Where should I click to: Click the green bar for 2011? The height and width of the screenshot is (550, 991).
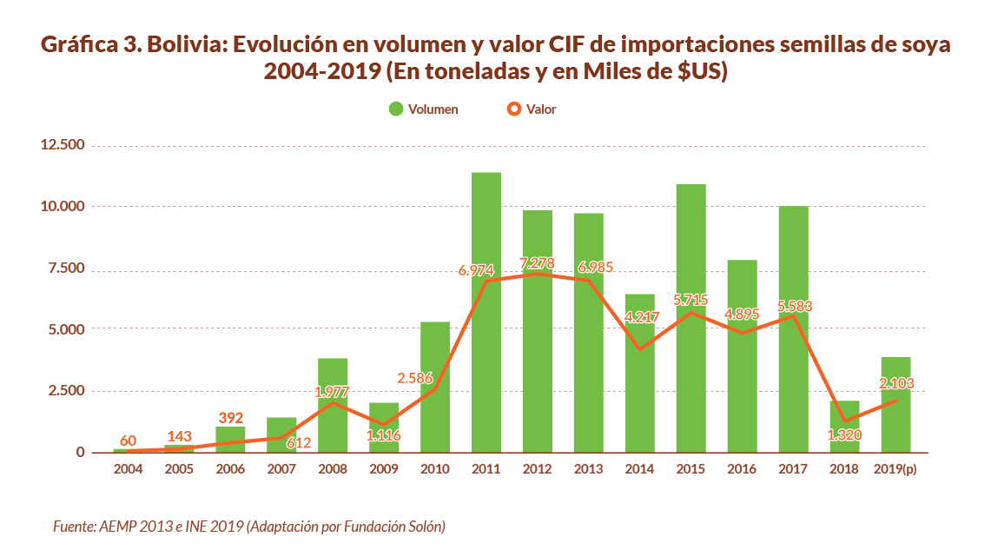486,313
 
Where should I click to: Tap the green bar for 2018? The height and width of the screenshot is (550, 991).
845,427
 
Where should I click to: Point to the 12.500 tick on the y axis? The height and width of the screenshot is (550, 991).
62,144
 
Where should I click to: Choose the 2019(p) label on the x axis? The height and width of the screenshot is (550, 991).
895,469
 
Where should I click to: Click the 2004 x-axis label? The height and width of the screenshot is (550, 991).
128,469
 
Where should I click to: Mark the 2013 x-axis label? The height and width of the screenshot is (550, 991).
589,469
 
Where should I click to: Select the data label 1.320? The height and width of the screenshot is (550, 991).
845,436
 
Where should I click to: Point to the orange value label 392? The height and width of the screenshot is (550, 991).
230,417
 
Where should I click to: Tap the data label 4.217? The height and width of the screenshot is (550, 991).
641,317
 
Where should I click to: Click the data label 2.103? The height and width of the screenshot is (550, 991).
896,383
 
